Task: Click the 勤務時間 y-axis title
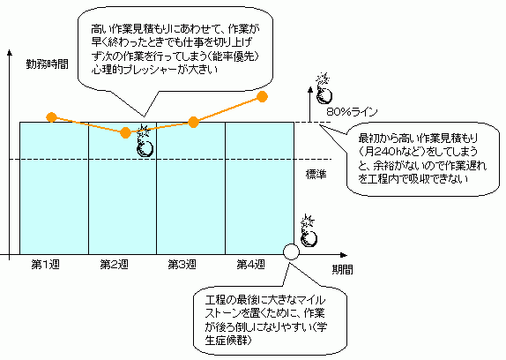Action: click(47, 64)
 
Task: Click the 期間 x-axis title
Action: click(342, 269)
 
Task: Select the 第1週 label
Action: click(46, 265)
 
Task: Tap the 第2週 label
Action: click(114, 265)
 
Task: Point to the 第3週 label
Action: click(182, 265)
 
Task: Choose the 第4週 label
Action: click(250, 265)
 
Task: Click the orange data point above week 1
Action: click(52, 117)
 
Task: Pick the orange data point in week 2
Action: click(125, 132)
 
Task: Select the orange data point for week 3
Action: click(193, 123)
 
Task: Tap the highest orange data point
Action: click(263, 96)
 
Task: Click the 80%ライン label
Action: click(352, 112)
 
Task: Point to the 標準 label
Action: click(316, 175)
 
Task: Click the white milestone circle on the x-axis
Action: click(291, 251)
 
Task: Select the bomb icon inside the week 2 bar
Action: click(145, 141)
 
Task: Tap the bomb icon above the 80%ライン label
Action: click(324, 89)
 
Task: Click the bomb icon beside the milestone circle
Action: click(309, 231)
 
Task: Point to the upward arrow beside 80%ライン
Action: click(310, 104)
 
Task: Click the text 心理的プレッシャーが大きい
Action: click(154, 70)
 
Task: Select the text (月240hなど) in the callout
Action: click(391, 152)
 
